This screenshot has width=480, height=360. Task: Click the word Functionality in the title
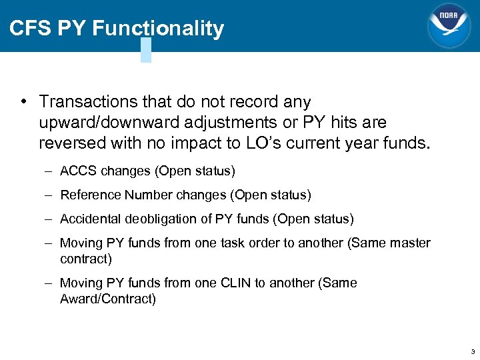(x=158, y=29)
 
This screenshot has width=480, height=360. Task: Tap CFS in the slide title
(x=31, y=29)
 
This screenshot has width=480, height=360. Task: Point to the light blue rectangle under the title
(x=146, y=50)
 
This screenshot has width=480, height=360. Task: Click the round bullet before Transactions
(x=23, y=101)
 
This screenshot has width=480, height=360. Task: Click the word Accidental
(x=89, y=219)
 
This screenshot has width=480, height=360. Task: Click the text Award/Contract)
(x=108, y=299)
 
